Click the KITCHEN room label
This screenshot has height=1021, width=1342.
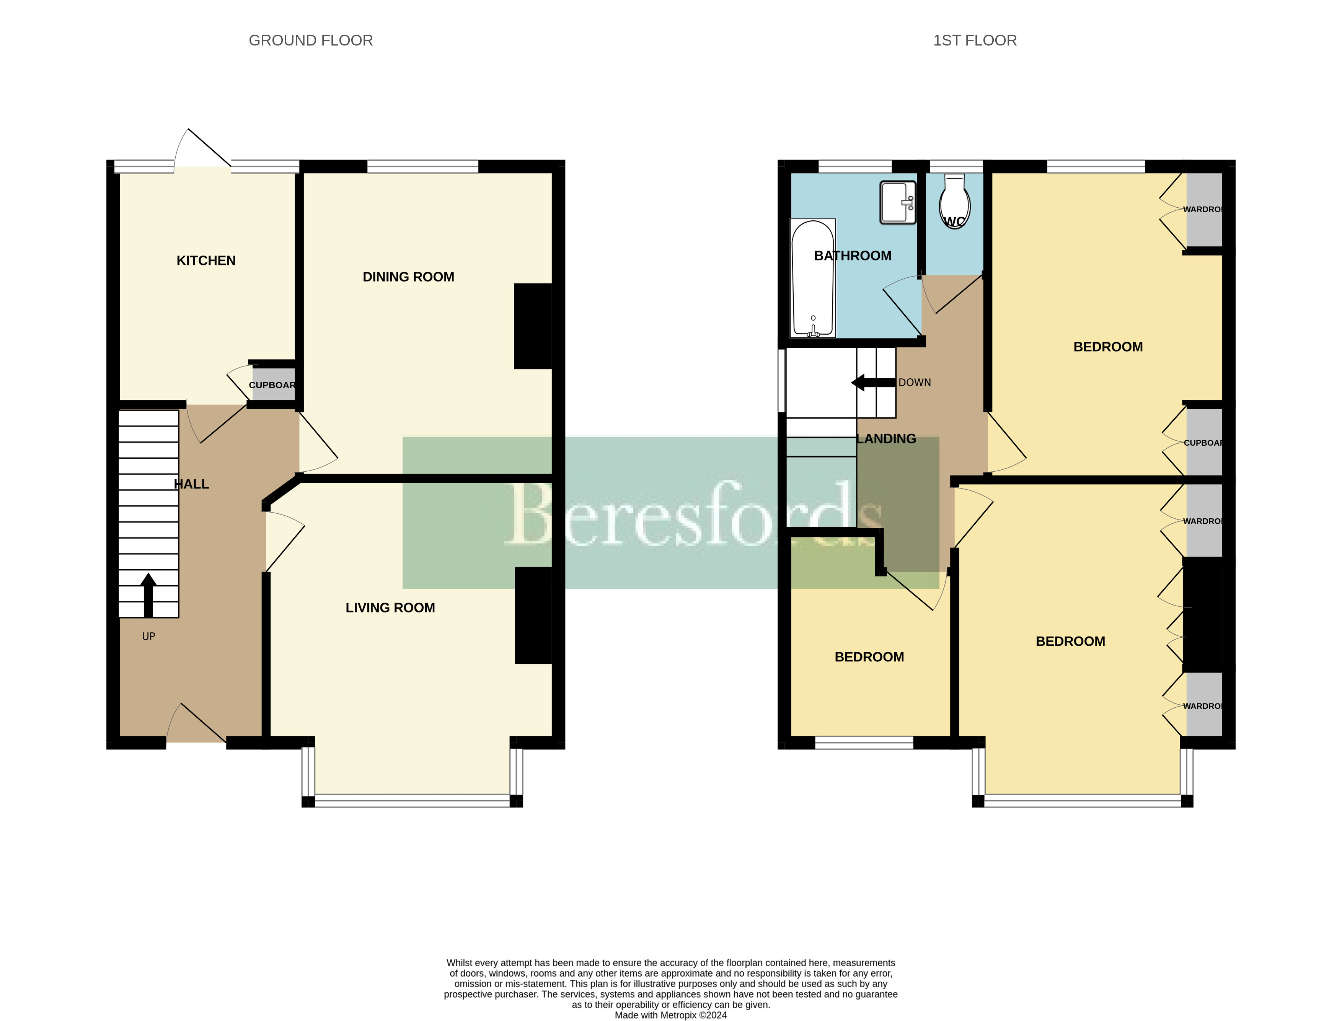[205, 261]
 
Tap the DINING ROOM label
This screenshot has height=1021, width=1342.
[408, 277]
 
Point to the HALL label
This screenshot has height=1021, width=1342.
[191, 484]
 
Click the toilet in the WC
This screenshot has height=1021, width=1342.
[954, 200]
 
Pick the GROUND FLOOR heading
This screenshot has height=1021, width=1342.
[311, 40]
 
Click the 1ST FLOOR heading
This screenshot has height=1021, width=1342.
[974, 40]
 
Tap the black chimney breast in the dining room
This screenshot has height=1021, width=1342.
[532, 326]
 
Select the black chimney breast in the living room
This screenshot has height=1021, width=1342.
[533, 615]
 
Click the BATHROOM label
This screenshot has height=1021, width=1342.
[852, 256]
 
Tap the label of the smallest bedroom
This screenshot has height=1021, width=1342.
[869, 657]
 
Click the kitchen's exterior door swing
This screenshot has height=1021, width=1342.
[201, 149]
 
